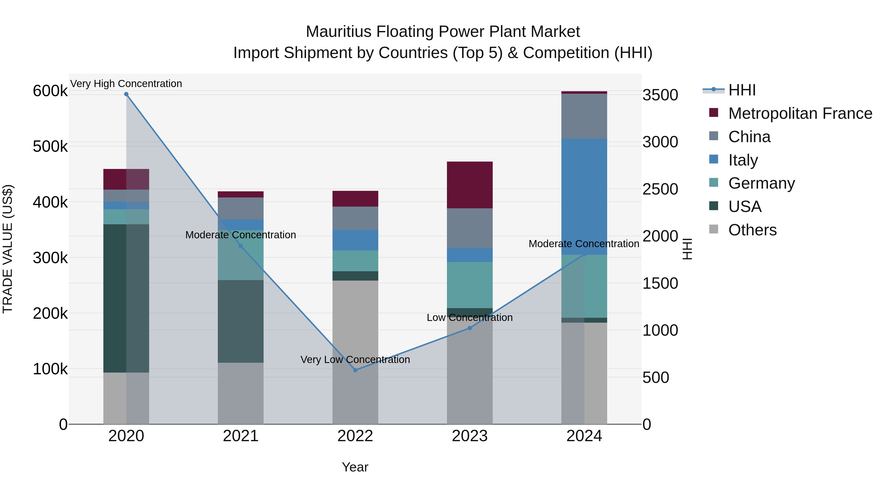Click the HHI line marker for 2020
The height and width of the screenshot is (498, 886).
pos(126,94)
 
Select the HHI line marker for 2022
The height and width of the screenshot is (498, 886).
pos(355,370)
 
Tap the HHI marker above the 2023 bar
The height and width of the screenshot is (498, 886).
pos(470,328)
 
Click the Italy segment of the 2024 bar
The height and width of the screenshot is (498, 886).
pos(584,196)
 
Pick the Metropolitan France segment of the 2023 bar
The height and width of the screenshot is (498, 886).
pos(470,185)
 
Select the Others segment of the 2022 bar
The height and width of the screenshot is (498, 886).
pos(355,352)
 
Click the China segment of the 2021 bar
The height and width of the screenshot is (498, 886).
pos(241,208)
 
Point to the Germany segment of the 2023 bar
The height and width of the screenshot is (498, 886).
pos(470,285)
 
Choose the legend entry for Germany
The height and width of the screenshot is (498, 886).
pos(761,183)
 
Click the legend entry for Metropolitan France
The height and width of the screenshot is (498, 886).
pos(800,113)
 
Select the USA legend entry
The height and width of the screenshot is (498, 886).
pos(745,207)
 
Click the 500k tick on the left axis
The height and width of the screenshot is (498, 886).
pos(50,147)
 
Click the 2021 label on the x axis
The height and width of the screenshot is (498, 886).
pos(241,436)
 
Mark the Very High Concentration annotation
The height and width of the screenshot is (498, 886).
pos(126,84)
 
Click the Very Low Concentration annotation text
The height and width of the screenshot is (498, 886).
pos(355,360)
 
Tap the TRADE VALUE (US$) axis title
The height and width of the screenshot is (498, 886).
pos(8,249)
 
